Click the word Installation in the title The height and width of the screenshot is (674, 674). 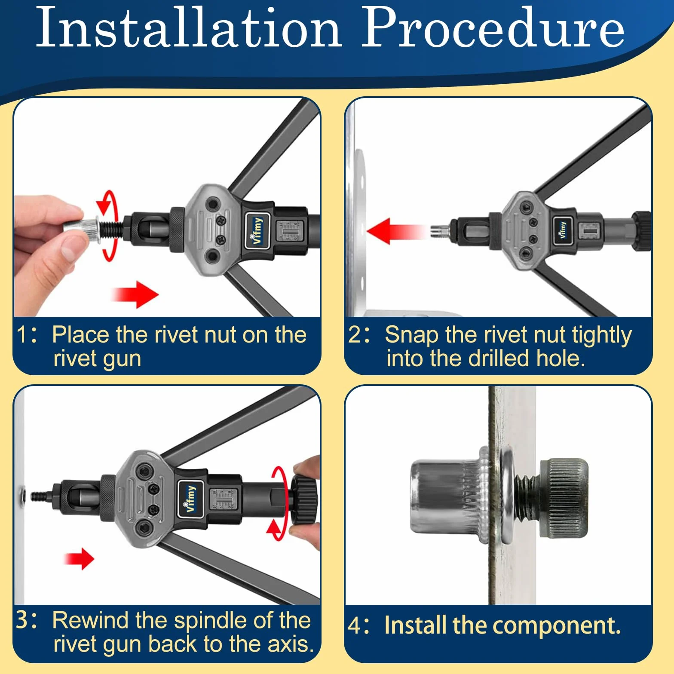click(189, 28)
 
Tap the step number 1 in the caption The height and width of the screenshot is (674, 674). click(23, 334)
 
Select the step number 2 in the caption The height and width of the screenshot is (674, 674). click(355, 334)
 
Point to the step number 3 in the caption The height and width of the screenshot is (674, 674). click(22, 620)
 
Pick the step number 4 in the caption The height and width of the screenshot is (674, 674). click(355, 625)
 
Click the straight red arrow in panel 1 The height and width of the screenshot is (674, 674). click(135, 294)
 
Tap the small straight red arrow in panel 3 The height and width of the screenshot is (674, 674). click(79, 559)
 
